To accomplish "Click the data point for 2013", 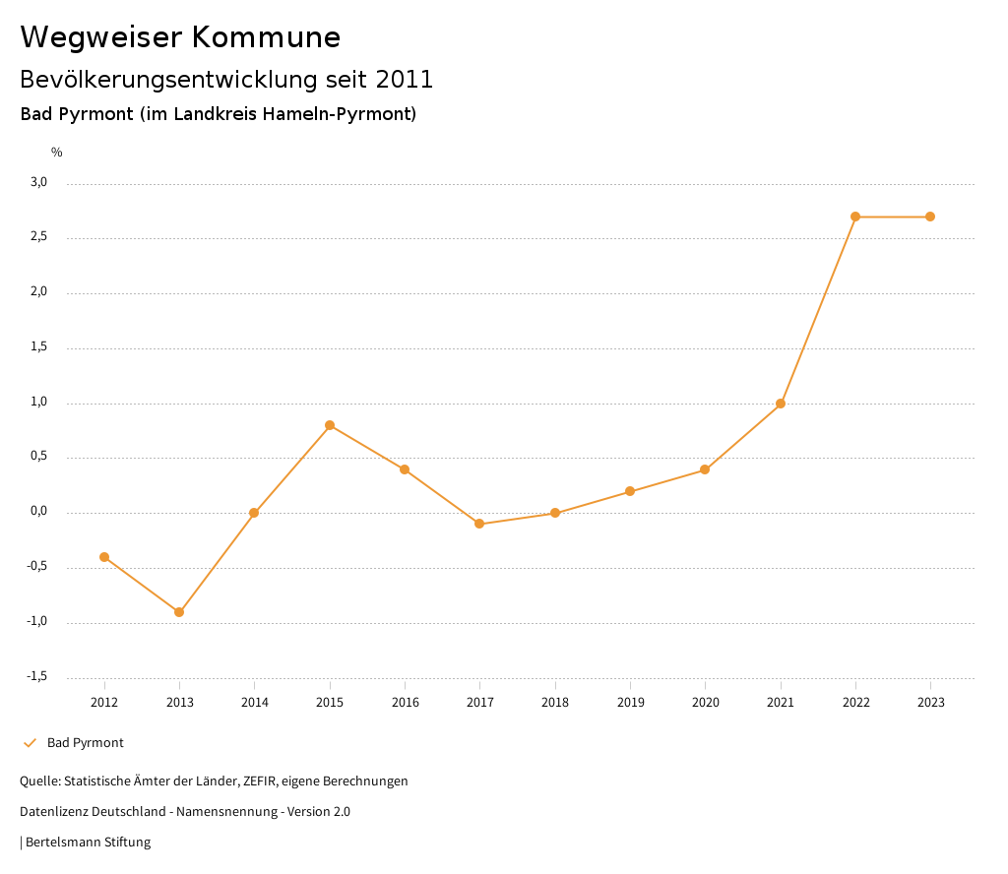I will coord(179,612).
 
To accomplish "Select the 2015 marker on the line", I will coord(330,425).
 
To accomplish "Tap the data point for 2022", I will coord(855,217).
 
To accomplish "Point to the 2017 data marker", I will coord(479,524).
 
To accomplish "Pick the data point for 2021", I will coord(781,404).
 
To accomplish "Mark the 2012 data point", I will coord(104,557).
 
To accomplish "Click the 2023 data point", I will coord(930,217).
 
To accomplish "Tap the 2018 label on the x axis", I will coord(555,703).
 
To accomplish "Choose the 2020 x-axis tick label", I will coord(705,703).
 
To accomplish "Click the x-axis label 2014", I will coord(254,703).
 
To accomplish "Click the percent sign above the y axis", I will coord(57,153).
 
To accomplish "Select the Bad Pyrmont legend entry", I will coord(85,743).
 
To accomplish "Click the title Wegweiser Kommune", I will coord(180,37).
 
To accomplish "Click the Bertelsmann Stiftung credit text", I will coord(88,843).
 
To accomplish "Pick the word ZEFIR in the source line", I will coord(256,781).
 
